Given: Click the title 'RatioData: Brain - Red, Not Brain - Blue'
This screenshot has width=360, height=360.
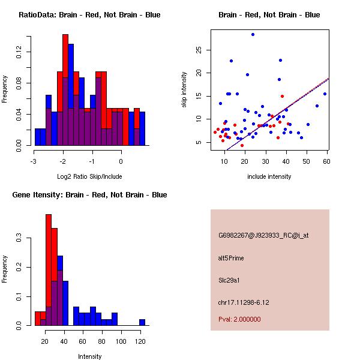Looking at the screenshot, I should (89, 15).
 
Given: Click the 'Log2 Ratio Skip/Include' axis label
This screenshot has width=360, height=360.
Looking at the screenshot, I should (89, 176).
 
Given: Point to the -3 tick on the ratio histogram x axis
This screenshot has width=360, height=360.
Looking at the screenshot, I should (34, 161).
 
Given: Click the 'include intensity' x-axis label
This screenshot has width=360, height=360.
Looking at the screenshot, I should (269, 176).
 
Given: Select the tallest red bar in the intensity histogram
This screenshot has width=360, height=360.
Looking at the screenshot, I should (49, 270).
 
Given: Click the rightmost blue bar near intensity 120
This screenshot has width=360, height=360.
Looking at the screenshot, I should (142, 322).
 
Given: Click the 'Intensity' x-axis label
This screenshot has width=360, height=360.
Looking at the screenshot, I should (89, 356).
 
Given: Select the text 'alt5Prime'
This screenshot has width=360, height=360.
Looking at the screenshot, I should (231, 258).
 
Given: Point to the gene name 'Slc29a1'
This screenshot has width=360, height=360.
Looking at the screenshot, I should (229, 280).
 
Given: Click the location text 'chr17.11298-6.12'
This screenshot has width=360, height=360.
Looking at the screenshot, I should (244, 302).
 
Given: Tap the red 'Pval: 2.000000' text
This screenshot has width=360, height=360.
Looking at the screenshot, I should (239, 320).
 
